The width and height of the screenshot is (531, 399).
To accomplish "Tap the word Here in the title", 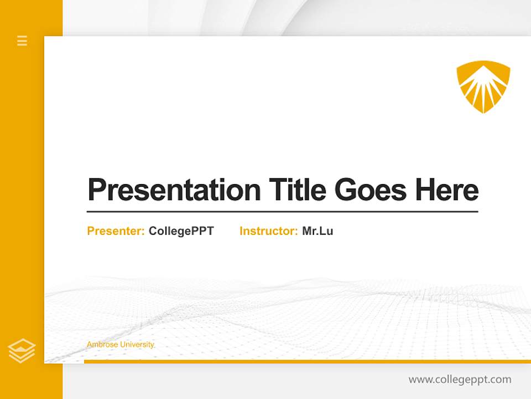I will [x=446, y=190].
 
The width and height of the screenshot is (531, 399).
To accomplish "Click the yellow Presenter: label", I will [x=116, y=231].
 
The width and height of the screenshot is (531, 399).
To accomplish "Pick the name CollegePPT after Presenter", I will [x=181, y=231].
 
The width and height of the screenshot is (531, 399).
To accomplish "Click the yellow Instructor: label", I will [x=268, y=231].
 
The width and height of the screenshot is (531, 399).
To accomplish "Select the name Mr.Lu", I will [x=317, y=231].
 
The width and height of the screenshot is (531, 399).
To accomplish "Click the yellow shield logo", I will [x=483, y=86].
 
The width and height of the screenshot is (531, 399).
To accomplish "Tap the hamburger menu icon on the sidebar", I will [x=22, y=40].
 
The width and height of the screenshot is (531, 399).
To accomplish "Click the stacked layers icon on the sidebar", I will [x=22, y=351].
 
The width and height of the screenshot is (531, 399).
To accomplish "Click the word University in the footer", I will [x=137, y=345].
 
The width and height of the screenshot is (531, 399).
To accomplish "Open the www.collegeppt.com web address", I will [x=460, y=380].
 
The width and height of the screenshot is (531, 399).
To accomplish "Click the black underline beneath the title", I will [x=282, y=211].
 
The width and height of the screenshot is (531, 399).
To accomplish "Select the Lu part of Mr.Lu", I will [x=327, y=231].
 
